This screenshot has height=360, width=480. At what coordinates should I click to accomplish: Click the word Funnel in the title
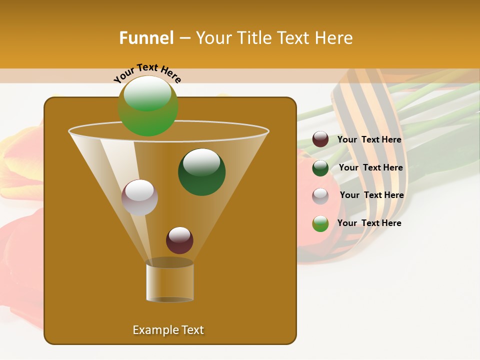click(x=146, y=38)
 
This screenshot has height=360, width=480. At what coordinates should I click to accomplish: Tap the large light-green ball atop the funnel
click(x=148, y=106)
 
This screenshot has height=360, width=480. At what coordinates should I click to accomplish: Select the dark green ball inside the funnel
click(x=201, y=171)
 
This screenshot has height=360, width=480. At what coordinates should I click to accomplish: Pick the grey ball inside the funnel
click(x=139, y=197)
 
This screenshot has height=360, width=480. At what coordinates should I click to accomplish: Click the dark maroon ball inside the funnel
click(x=179, y=240)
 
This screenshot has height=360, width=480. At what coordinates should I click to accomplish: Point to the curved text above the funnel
click(x=147, y=72)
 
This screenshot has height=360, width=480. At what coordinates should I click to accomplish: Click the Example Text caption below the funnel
click(x=168, y=330)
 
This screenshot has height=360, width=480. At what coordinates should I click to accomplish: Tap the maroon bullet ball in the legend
click(x=320, y=139)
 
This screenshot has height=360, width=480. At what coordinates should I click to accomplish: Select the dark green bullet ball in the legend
click(x=320, y=168)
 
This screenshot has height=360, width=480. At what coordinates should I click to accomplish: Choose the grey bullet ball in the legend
click(x=320, y=196)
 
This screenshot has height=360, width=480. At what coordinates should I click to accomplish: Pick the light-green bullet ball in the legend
click(x=320, y=223)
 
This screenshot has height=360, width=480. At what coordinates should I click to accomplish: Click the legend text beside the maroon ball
click(x=369, y=140)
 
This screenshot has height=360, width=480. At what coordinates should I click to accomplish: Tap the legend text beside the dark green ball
click(x=370, y=168)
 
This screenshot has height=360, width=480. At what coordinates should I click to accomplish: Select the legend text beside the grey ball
click(x=371, y=195)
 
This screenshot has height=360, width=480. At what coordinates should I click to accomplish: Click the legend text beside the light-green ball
click(x=369, y=223)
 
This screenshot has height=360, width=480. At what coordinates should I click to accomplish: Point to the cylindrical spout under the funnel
click(x=169, y=282)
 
